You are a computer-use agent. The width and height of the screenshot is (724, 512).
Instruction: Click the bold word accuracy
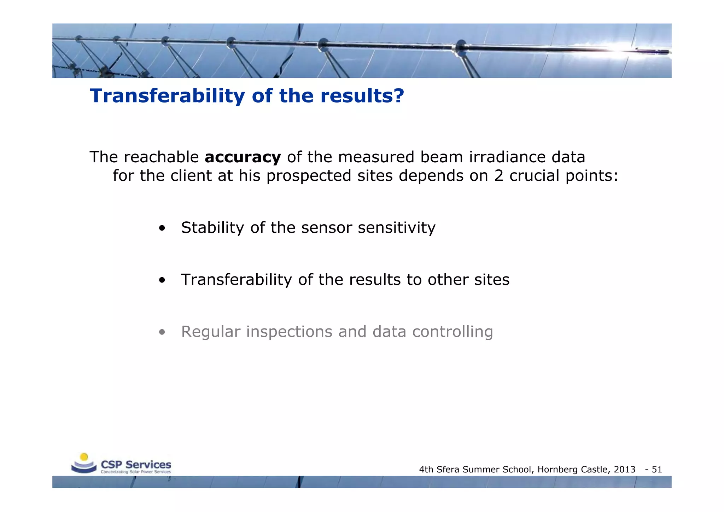tap(243, 157)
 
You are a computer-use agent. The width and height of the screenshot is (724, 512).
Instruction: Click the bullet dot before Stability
tap(162, 228)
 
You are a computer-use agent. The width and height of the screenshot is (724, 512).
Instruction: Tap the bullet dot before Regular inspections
tap(162, 332)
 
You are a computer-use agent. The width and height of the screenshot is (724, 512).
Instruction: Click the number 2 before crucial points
tap(499, 176)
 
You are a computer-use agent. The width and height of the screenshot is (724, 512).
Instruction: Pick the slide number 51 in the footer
tap(657, 470)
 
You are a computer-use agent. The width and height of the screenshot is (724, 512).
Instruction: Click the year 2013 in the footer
tap(625, 470)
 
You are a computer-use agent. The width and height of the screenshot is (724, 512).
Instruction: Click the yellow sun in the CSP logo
tap(84, 457)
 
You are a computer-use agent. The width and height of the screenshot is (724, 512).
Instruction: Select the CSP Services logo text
tap(136, 465)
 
